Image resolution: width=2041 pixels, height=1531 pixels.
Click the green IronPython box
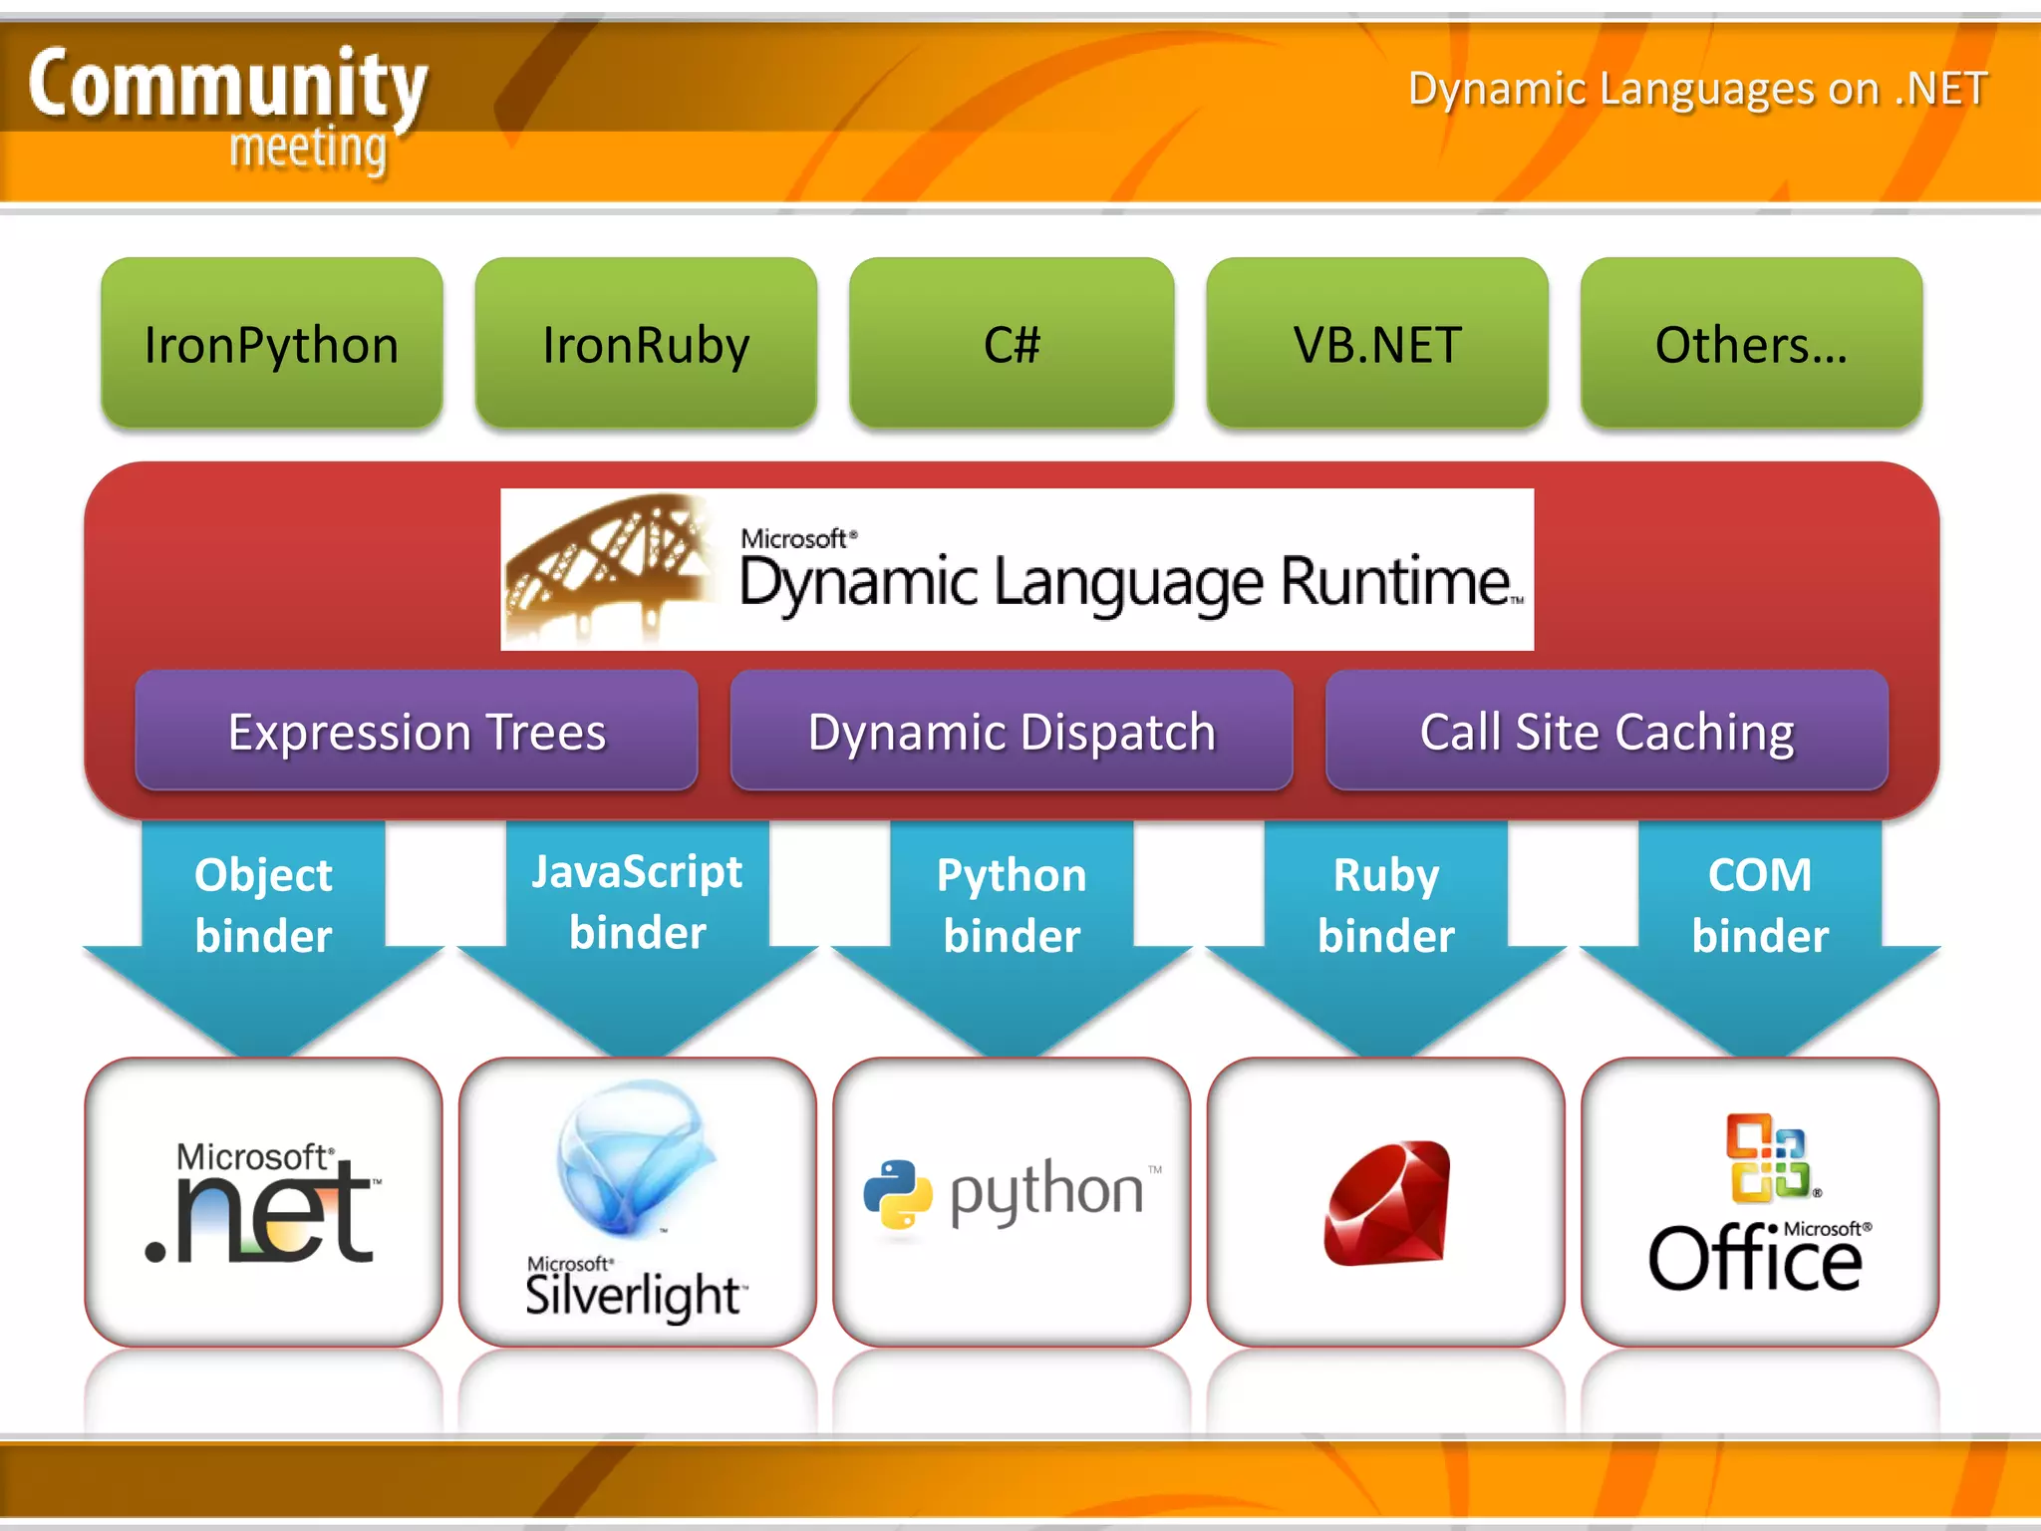click(271, 344)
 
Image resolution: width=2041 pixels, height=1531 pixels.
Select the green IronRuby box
click(646, 344)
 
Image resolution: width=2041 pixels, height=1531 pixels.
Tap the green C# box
click(1012, 344)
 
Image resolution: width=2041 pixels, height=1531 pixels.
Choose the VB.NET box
click(1377, 344)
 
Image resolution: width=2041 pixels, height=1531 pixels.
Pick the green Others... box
click(1751, 344)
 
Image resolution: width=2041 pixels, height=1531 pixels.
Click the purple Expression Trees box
click(417, 731)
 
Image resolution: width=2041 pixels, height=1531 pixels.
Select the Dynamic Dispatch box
click(1012, 731)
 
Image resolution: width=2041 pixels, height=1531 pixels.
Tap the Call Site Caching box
click(1606, 731)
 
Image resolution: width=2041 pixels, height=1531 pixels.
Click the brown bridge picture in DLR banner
click(608, 568)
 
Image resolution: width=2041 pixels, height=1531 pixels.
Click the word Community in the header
click(227, 85)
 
